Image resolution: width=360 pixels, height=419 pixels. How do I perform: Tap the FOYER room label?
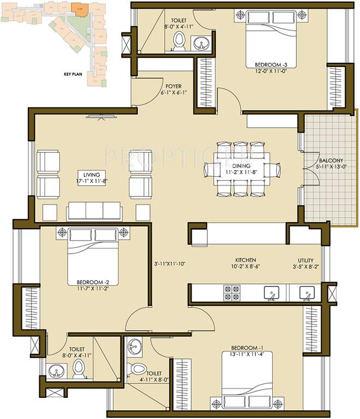tap(173, 86)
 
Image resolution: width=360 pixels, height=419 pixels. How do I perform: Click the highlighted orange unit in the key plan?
tap(80, 9)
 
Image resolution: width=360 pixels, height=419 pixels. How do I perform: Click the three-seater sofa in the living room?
tap(95, 211)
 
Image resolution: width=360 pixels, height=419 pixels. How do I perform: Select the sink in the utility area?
tap(307, 294)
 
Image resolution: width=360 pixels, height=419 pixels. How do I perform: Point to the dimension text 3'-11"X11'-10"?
tap(170, 264)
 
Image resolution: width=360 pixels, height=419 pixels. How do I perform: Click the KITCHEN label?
tap(245, 260)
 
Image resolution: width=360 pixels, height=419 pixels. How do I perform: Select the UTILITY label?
tap(305, 261)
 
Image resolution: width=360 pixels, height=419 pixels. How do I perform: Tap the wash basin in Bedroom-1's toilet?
tap(135, 345)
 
